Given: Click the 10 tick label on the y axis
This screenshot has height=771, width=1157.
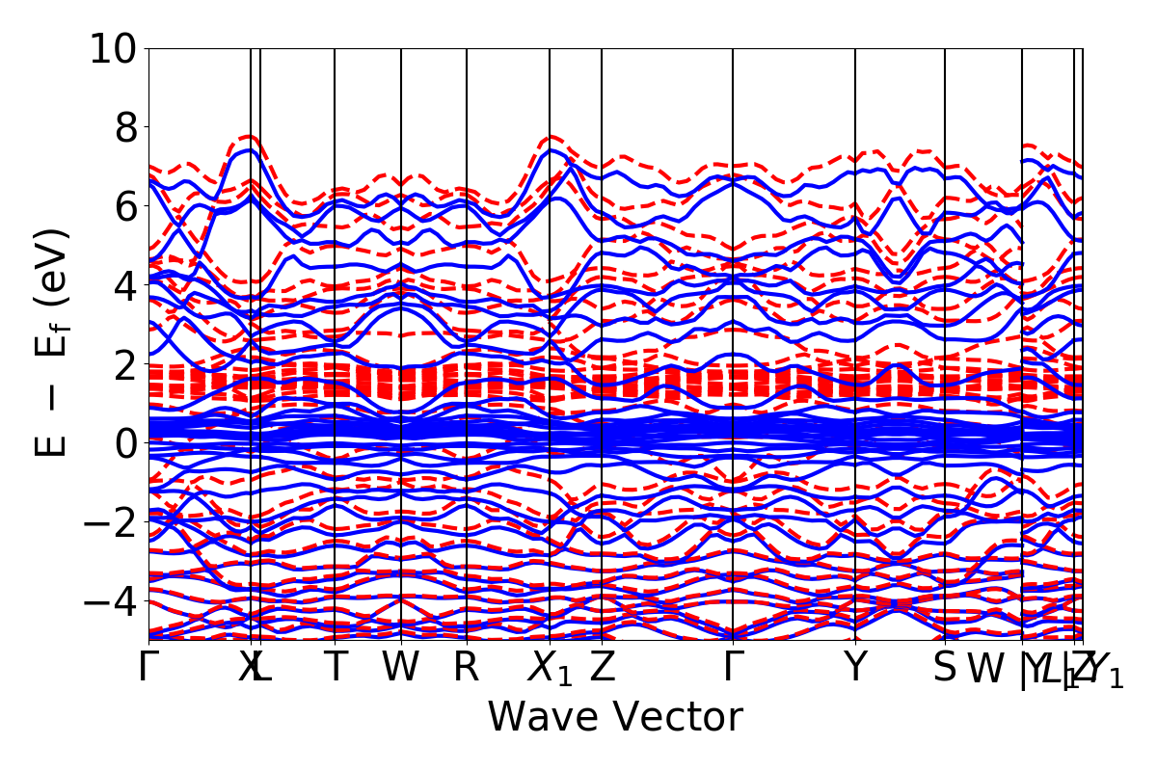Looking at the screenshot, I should (x=113, y=48).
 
